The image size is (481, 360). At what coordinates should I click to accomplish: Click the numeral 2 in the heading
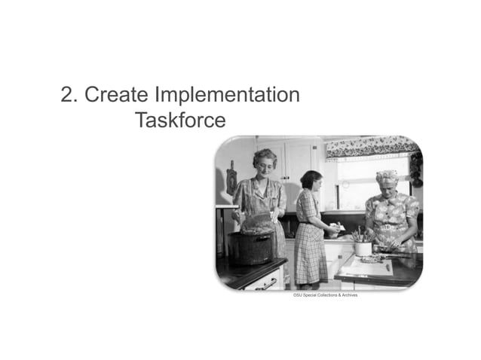[x=66, y=96]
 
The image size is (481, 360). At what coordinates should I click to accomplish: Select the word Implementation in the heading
[x=227, y=96]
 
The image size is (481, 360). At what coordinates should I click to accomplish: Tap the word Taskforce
[x=180, y=120]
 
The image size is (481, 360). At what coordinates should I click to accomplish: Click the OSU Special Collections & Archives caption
[x=326, y=295]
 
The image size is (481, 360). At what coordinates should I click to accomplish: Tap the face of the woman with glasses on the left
[x=265, y=163]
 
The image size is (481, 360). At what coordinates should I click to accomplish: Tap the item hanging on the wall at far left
[x=231, y=178]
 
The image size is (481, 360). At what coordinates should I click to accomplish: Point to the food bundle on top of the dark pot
[x=257, y=223]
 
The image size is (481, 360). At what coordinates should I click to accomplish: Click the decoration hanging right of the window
[x=415, y=169]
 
